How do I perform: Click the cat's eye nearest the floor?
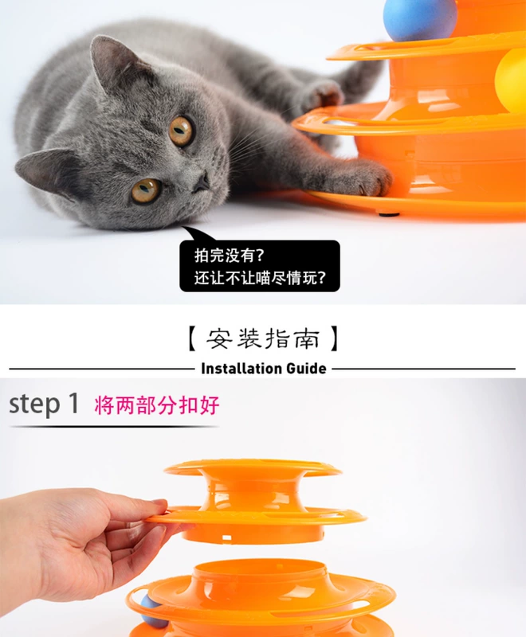(x=146, y=190)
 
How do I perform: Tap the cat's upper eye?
(x=181, y=131)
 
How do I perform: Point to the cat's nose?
(x=201, y=183)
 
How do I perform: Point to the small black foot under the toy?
(x=387, y=213)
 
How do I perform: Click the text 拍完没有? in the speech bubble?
(x=230, y=256)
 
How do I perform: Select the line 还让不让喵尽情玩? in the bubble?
(x=260, y=278)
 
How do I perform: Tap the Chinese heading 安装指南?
(x=264, y=338)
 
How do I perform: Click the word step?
(x=34, y=404)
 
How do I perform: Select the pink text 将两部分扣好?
(x=157, y=405)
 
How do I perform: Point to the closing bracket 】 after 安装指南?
(x=334, y=338)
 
